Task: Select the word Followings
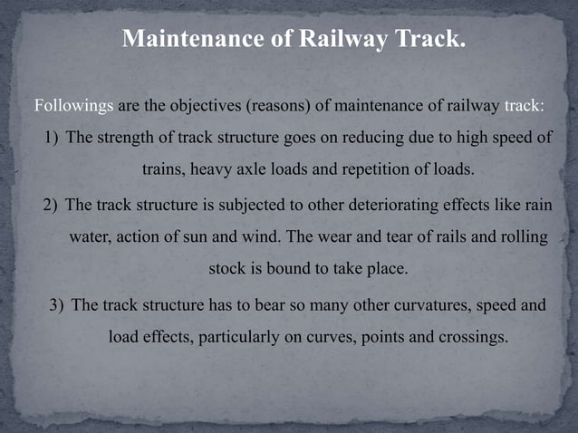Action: click(x=73, y=105)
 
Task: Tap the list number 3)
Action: click(x=56, y=303)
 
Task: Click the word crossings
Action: click(x=469, y=337)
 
